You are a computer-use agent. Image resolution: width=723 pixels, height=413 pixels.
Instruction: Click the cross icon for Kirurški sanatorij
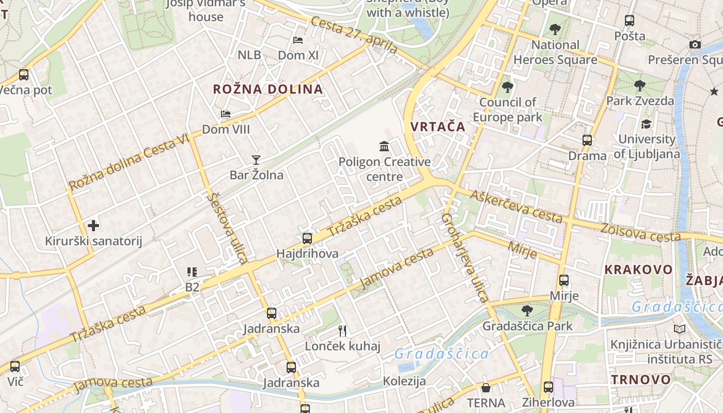(93, 226)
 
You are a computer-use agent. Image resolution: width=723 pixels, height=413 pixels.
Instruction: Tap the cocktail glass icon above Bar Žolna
(256, 160)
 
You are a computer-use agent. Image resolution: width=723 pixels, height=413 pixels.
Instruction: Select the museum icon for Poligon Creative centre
(384, 147)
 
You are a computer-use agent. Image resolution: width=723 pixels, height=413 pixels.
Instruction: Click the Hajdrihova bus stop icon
(307, 239)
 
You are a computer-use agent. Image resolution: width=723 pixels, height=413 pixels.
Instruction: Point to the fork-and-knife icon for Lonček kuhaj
(342, 330)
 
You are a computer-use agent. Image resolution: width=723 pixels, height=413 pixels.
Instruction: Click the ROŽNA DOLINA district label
(268, 89)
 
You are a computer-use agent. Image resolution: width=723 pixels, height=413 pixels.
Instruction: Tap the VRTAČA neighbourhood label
(438, 126)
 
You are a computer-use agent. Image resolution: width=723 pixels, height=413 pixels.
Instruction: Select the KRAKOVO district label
(638, 269)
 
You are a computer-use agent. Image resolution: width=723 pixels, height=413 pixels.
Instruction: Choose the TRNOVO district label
(641, 380)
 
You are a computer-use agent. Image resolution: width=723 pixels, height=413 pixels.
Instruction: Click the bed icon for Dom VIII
(226, 114)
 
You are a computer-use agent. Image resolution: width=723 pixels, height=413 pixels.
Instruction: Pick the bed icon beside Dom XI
(298, 40)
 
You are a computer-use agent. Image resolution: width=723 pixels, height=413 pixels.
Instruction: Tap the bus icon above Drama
(587, 140)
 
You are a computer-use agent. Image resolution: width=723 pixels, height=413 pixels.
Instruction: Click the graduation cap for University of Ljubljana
(646, 124)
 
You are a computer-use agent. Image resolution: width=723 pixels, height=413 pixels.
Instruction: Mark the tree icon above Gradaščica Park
(527, 311)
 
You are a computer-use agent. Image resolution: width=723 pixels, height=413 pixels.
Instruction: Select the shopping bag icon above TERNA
(485, 388)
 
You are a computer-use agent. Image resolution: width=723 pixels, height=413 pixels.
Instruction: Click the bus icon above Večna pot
(24, 75)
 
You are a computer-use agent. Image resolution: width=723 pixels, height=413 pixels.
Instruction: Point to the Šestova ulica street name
(228, 228)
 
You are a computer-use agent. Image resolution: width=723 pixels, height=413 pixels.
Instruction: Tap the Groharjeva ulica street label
(465, 258)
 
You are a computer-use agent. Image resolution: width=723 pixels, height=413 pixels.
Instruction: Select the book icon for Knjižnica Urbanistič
(680, 329)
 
